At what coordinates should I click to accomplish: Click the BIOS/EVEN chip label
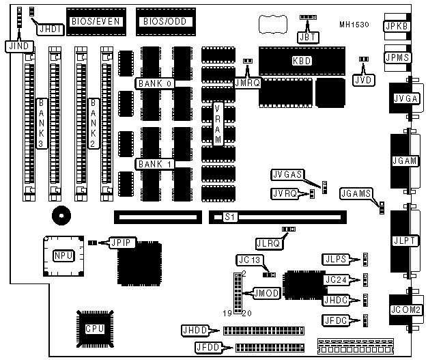pyautogui.click(x=96, y=21)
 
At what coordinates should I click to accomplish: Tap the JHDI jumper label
pyautogui.click(x=49, y=29)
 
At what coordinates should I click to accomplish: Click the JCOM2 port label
pyautogui.click(x=405, y=309)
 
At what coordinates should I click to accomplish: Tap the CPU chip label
pyautogui.click(x=95, y=328)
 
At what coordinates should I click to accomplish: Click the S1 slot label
pyautogui.click(x=229, y=217)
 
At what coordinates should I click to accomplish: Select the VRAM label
pyautogui.click(x=218, y=124)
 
